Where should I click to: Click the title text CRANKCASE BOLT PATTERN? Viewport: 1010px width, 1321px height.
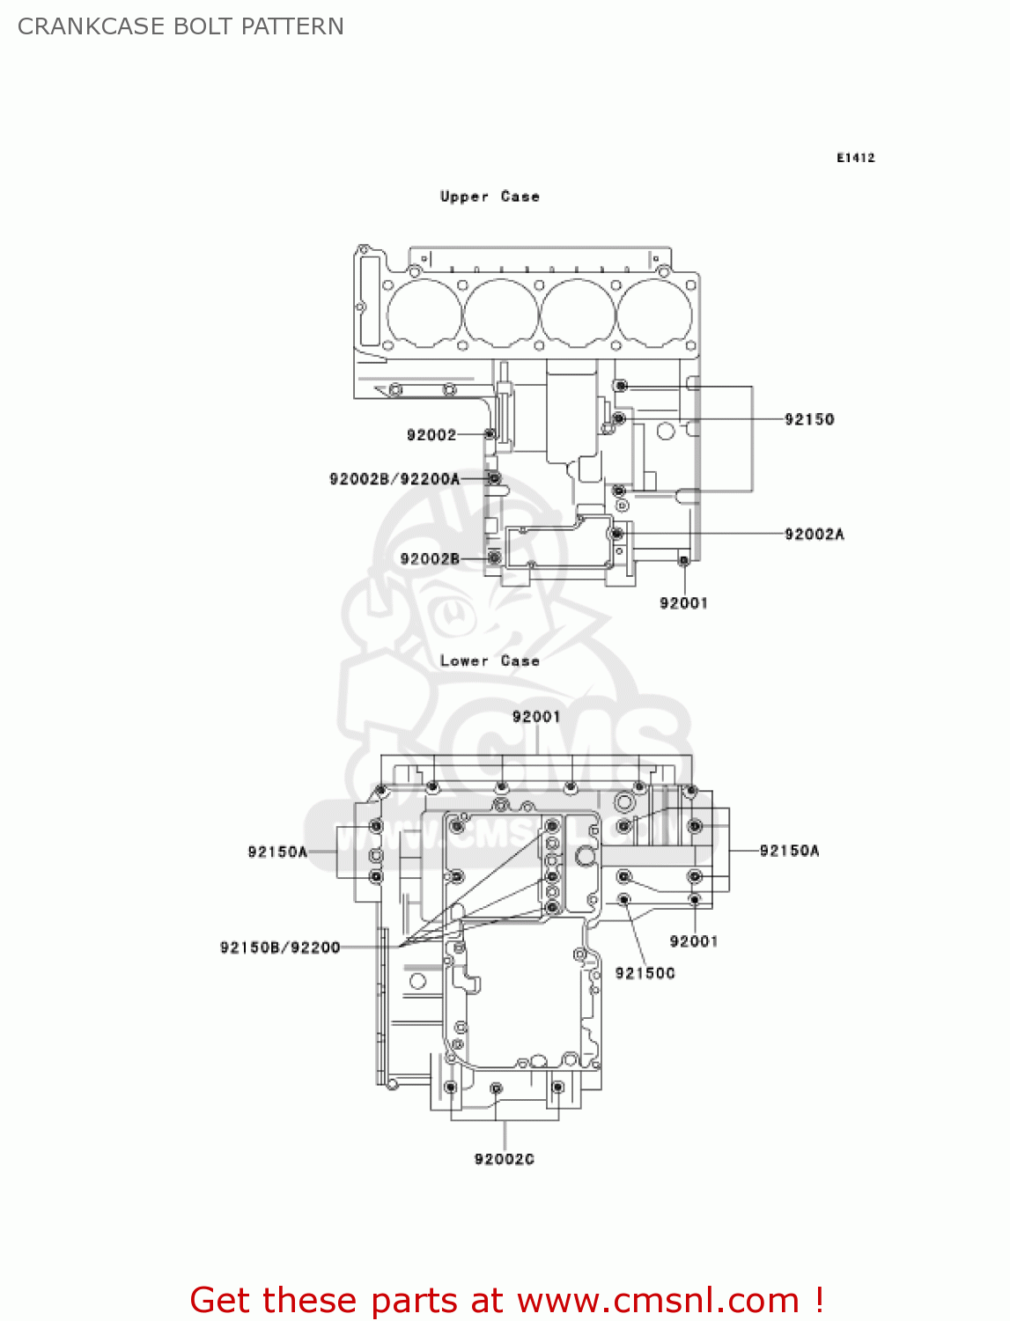(x=181, y=26)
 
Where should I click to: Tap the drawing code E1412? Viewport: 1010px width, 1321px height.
(x=855, y=158)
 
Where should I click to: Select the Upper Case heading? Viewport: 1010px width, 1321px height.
(x=490, y=196)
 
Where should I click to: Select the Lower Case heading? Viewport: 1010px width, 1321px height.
(x=490, y=660)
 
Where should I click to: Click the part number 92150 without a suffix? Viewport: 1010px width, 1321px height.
(x=809, y=419)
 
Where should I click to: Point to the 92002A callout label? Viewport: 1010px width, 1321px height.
(x=814, y=534)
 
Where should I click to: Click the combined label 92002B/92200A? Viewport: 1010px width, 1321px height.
(x=394, y=479)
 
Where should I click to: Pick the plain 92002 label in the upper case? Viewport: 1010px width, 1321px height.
(x=431, y=434)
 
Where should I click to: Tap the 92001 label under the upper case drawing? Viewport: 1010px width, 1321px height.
(x=683, y=602)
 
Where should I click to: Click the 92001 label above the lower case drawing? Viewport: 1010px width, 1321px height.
(x=536, y=716)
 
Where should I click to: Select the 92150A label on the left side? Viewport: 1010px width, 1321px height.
(x=277, y=852)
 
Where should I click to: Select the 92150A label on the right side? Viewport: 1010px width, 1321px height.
(x=789, y=850)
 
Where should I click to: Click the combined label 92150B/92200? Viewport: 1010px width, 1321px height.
(x=280, y=948)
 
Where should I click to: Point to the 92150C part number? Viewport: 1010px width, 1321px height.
(x=645, y=972)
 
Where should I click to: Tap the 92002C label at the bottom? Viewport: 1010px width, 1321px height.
(x=504, y=1159)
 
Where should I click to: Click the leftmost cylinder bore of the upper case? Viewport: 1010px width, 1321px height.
(x=424, y=313)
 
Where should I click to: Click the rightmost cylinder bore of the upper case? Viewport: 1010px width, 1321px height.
(x=654, y=313)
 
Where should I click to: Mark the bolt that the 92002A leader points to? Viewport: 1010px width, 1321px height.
(x=617, y=534)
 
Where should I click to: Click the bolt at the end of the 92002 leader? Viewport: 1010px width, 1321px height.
(x=490, y=434)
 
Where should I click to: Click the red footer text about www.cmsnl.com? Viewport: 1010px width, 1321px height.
(x=506, y=1300)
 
